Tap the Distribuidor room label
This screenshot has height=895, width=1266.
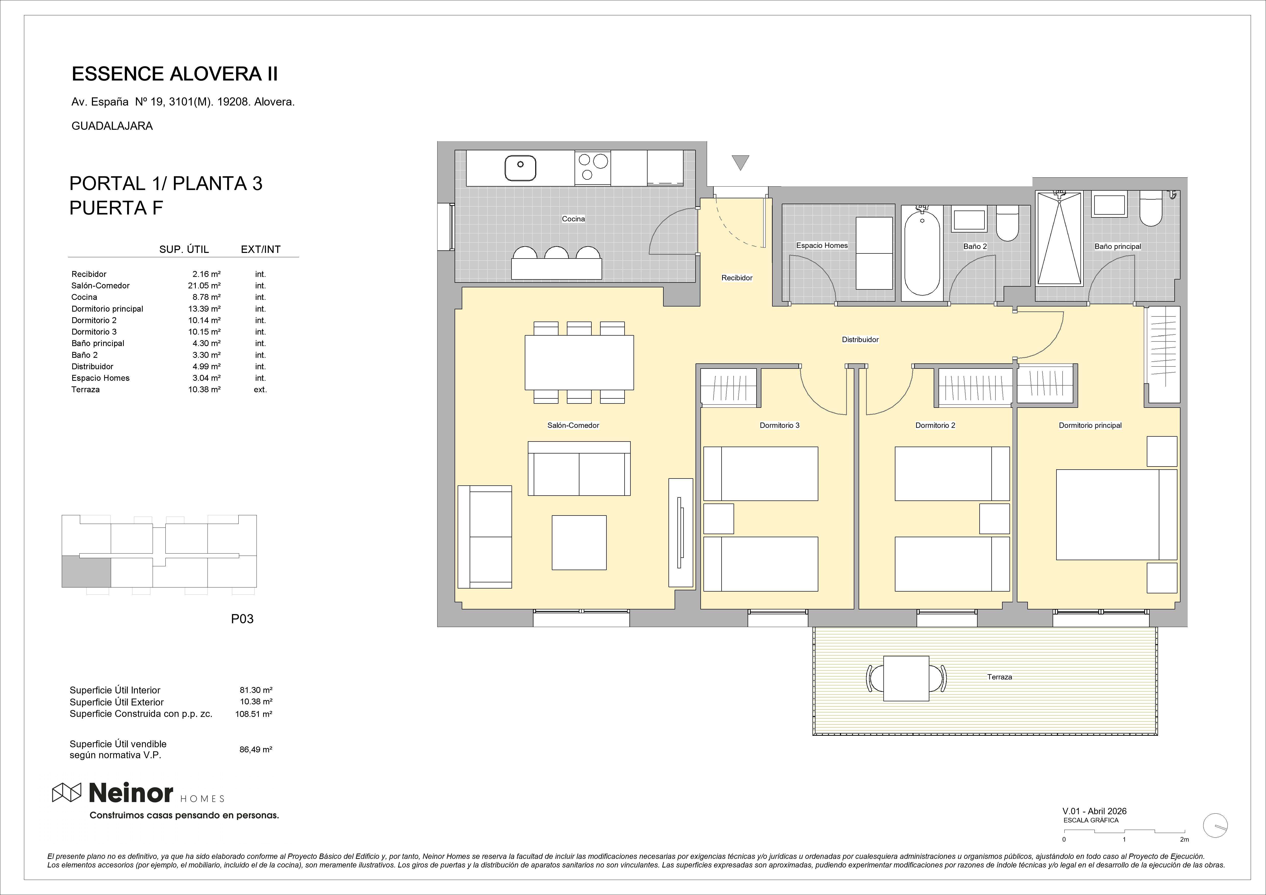[860, 340]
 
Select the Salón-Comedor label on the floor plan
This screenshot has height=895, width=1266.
[573, 425]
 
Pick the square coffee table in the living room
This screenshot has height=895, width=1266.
[579, 543]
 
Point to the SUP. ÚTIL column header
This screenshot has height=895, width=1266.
[184, 249]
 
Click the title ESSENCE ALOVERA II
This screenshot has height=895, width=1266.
[175, 74]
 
